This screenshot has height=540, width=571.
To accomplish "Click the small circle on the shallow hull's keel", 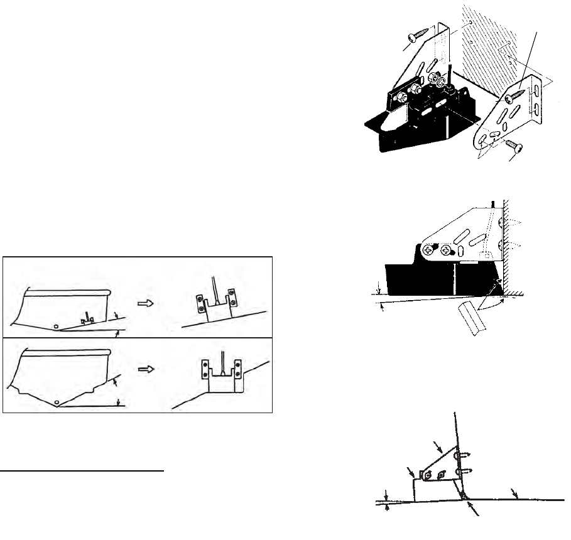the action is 57,326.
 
